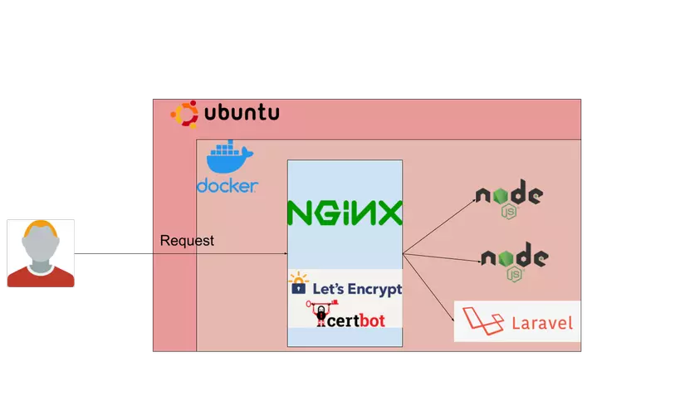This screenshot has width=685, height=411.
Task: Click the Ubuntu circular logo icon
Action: click(184, 114)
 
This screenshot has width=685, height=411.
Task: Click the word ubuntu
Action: click(242, 113)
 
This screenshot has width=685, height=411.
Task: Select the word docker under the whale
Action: click(227, 185)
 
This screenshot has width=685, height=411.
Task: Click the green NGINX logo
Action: click(345, 213)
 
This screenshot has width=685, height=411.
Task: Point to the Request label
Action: click(187, 241)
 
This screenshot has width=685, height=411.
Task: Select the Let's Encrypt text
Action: click(357, 289)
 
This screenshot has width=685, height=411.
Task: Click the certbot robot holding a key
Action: click(320, 315)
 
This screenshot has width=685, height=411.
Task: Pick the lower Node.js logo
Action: click(515, 261)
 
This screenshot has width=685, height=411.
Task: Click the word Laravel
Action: click(542, 323)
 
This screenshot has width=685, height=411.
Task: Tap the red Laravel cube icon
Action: click(482, 321)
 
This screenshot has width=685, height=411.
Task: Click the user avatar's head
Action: click(41, 242)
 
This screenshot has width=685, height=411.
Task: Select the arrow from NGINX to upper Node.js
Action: click(438, 226)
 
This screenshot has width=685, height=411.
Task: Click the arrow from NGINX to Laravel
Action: click(428, 286)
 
